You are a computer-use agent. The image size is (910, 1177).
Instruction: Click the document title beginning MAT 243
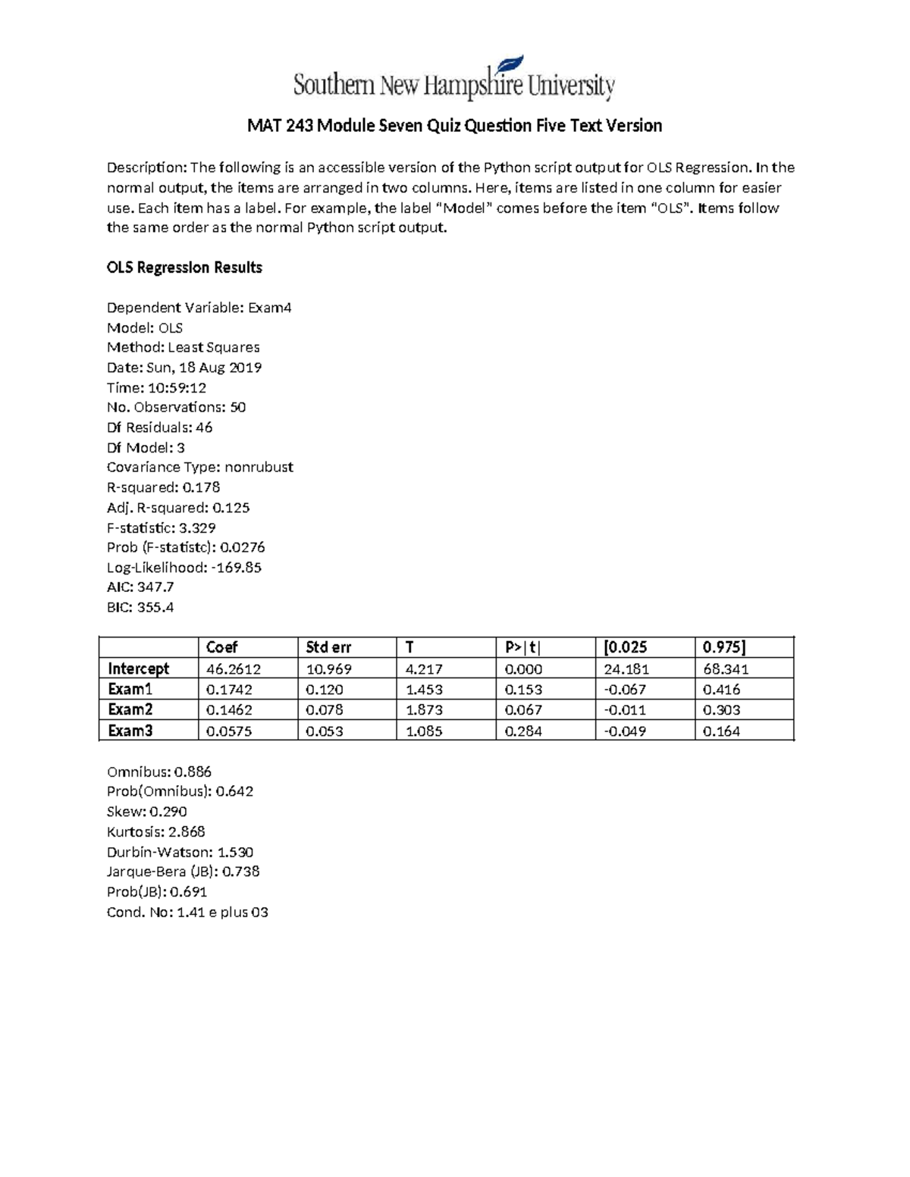click(x=454, y=126)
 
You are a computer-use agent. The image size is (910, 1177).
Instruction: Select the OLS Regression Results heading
click(x=184, y=268)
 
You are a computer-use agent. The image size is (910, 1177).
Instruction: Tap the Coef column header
click(x=221, y=647)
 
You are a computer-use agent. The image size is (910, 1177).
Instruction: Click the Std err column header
click(x=328, y=647)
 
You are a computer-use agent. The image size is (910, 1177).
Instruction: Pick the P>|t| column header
click(x=524, y=647)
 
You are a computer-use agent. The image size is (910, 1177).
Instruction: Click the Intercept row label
click(x=139, y=668)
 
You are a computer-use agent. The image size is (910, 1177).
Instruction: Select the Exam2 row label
click(x=130, y=710)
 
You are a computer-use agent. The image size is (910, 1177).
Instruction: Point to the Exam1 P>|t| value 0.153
click(x=523, y=690)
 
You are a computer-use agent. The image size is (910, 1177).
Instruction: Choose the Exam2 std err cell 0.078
click(x=324, y=710)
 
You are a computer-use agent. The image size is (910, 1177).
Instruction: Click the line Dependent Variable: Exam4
click(x=199, y=308)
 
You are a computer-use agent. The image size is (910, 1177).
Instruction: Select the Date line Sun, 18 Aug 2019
click(x=184, y=368)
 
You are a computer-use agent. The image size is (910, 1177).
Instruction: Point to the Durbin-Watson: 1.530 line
click(x=180, y=852)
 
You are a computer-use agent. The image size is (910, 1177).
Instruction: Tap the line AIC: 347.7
click(x=140, y=587)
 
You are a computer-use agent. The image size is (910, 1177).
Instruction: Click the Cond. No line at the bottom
click(x=187, y=912)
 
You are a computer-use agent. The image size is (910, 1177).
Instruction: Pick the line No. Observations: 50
click(x=176, y=408)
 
